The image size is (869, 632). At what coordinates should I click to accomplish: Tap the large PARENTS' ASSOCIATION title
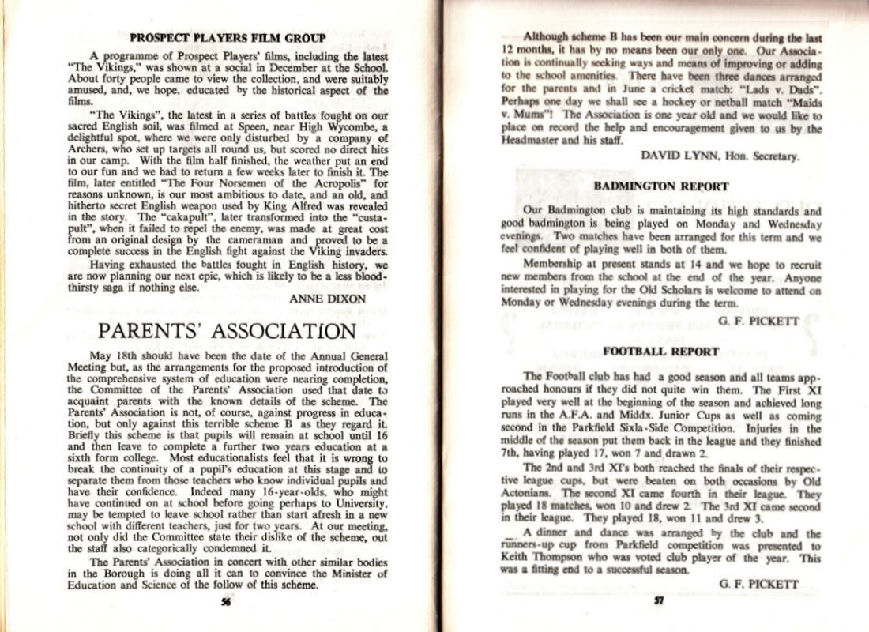point(228,330)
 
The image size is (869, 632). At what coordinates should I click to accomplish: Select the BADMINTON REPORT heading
point(660,186)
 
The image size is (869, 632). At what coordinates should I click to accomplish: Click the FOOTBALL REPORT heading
point(660,351)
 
